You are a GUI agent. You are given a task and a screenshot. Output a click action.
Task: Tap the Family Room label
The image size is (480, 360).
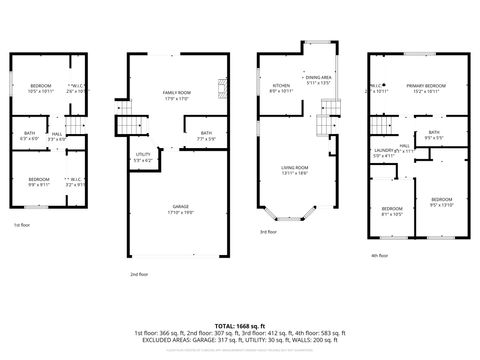pyautogui.click(x=177, y=93)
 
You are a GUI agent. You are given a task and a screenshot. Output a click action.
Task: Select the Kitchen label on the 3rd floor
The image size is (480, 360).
pyautogui.click(x=281, y=86)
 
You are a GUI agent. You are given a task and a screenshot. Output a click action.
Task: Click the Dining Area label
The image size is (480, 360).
pyautogui.click(x=319, y=78)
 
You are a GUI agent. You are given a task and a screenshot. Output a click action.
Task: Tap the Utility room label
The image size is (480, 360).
pyautogui.click(x=143, y=154)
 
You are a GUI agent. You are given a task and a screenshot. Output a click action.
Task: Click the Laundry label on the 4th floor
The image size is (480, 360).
pyautogui.click(x=383, y=150)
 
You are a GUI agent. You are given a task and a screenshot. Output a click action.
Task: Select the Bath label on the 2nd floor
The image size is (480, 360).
pyautogui.click(x=206, y=133)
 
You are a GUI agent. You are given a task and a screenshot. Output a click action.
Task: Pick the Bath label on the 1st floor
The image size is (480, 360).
pyautogui.click(x=28, y=134)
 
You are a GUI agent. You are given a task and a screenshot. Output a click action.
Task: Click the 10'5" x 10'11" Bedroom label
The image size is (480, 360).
pyautogui.click(x=40, y=86)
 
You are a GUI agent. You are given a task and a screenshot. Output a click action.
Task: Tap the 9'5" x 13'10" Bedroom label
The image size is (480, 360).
pyautogui.click(x=441, y=200)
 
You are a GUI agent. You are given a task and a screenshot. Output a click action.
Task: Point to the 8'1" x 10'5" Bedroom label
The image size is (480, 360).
pyautogui.click(x=391, y=211)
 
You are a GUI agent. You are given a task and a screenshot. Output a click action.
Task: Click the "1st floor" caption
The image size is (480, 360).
pyautogui.click(x=22, y=224)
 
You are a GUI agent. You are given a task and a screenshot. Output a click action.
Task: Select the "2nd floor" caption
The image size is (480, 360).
pyautogui.click(x=138, y=273)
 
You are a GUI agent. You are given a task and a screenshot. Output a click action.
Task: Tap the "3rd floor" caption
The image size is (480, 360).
pyautogui.click(x=268, y=231)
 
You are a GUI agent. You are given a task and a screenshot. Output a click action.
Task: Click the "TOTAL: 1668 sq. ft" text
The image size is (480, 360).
pyautogui.click(x=239, y=325)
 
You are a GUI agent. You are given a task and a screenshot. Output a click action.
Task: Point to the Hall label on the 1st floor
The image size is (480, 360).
pyautogui.click(x=57, y=134)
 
